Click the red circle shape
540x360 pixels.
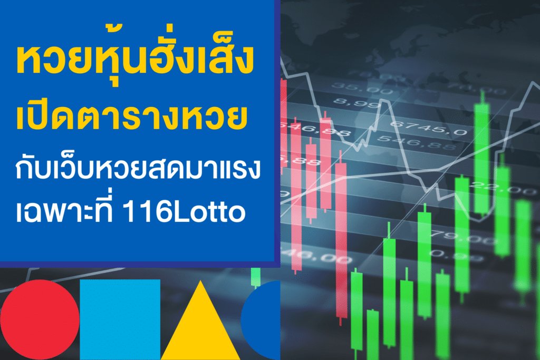coord(40,319)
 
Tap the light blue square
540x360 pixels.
coord(120,319)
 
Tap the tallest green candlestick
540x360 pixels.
coord(480,158)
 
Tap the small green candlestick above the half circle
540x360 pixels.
coord(256,277)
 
